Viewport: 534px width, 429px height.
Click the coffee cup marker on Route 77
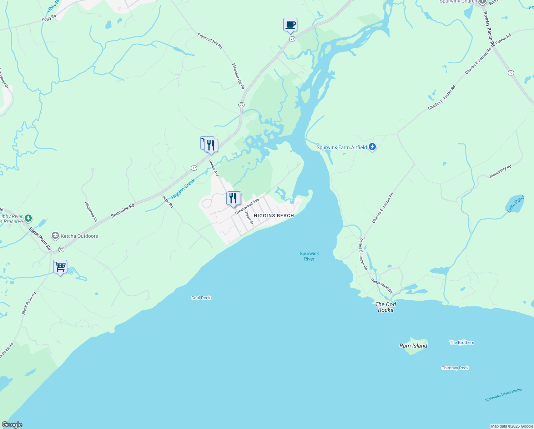(290, 25)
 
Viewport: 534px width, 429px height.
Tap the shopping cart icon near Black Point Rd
(60, 267)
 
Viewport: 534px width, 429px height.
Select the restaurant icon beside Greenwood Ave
(233, 198)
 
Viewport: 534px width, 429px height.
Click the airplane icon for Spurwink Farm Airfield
(372, 147)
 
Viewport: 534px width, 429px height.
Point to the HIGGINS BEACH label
(274, 216)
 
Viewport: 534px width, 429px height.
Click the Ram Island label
(413, 346)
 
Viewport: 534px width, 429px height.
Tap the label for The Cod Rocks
(386, 307)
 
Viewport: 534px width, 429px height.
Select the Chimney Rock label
(455, 368)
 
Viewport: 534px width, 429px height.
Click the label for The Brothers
(462, 342)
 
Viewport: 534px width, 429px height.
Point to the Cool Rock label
(201, 298)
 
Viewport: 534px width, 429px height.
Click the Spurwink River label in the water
(309, 256)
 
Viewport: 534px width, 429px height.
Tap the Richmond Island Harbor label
(504, 395)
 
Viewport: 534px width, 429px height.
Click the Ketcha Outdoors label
(79, 236)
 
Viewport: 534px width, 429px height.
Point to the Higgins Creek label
(183, 189)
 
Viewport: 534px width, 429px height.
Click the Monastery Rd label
(500, 172)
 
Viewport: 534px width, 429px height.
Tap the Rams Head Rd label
(382, 286)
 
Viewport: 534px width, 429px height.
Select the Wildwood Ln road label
(91, 211)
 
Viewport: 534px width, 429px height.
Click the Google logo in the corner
(12, 425)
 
